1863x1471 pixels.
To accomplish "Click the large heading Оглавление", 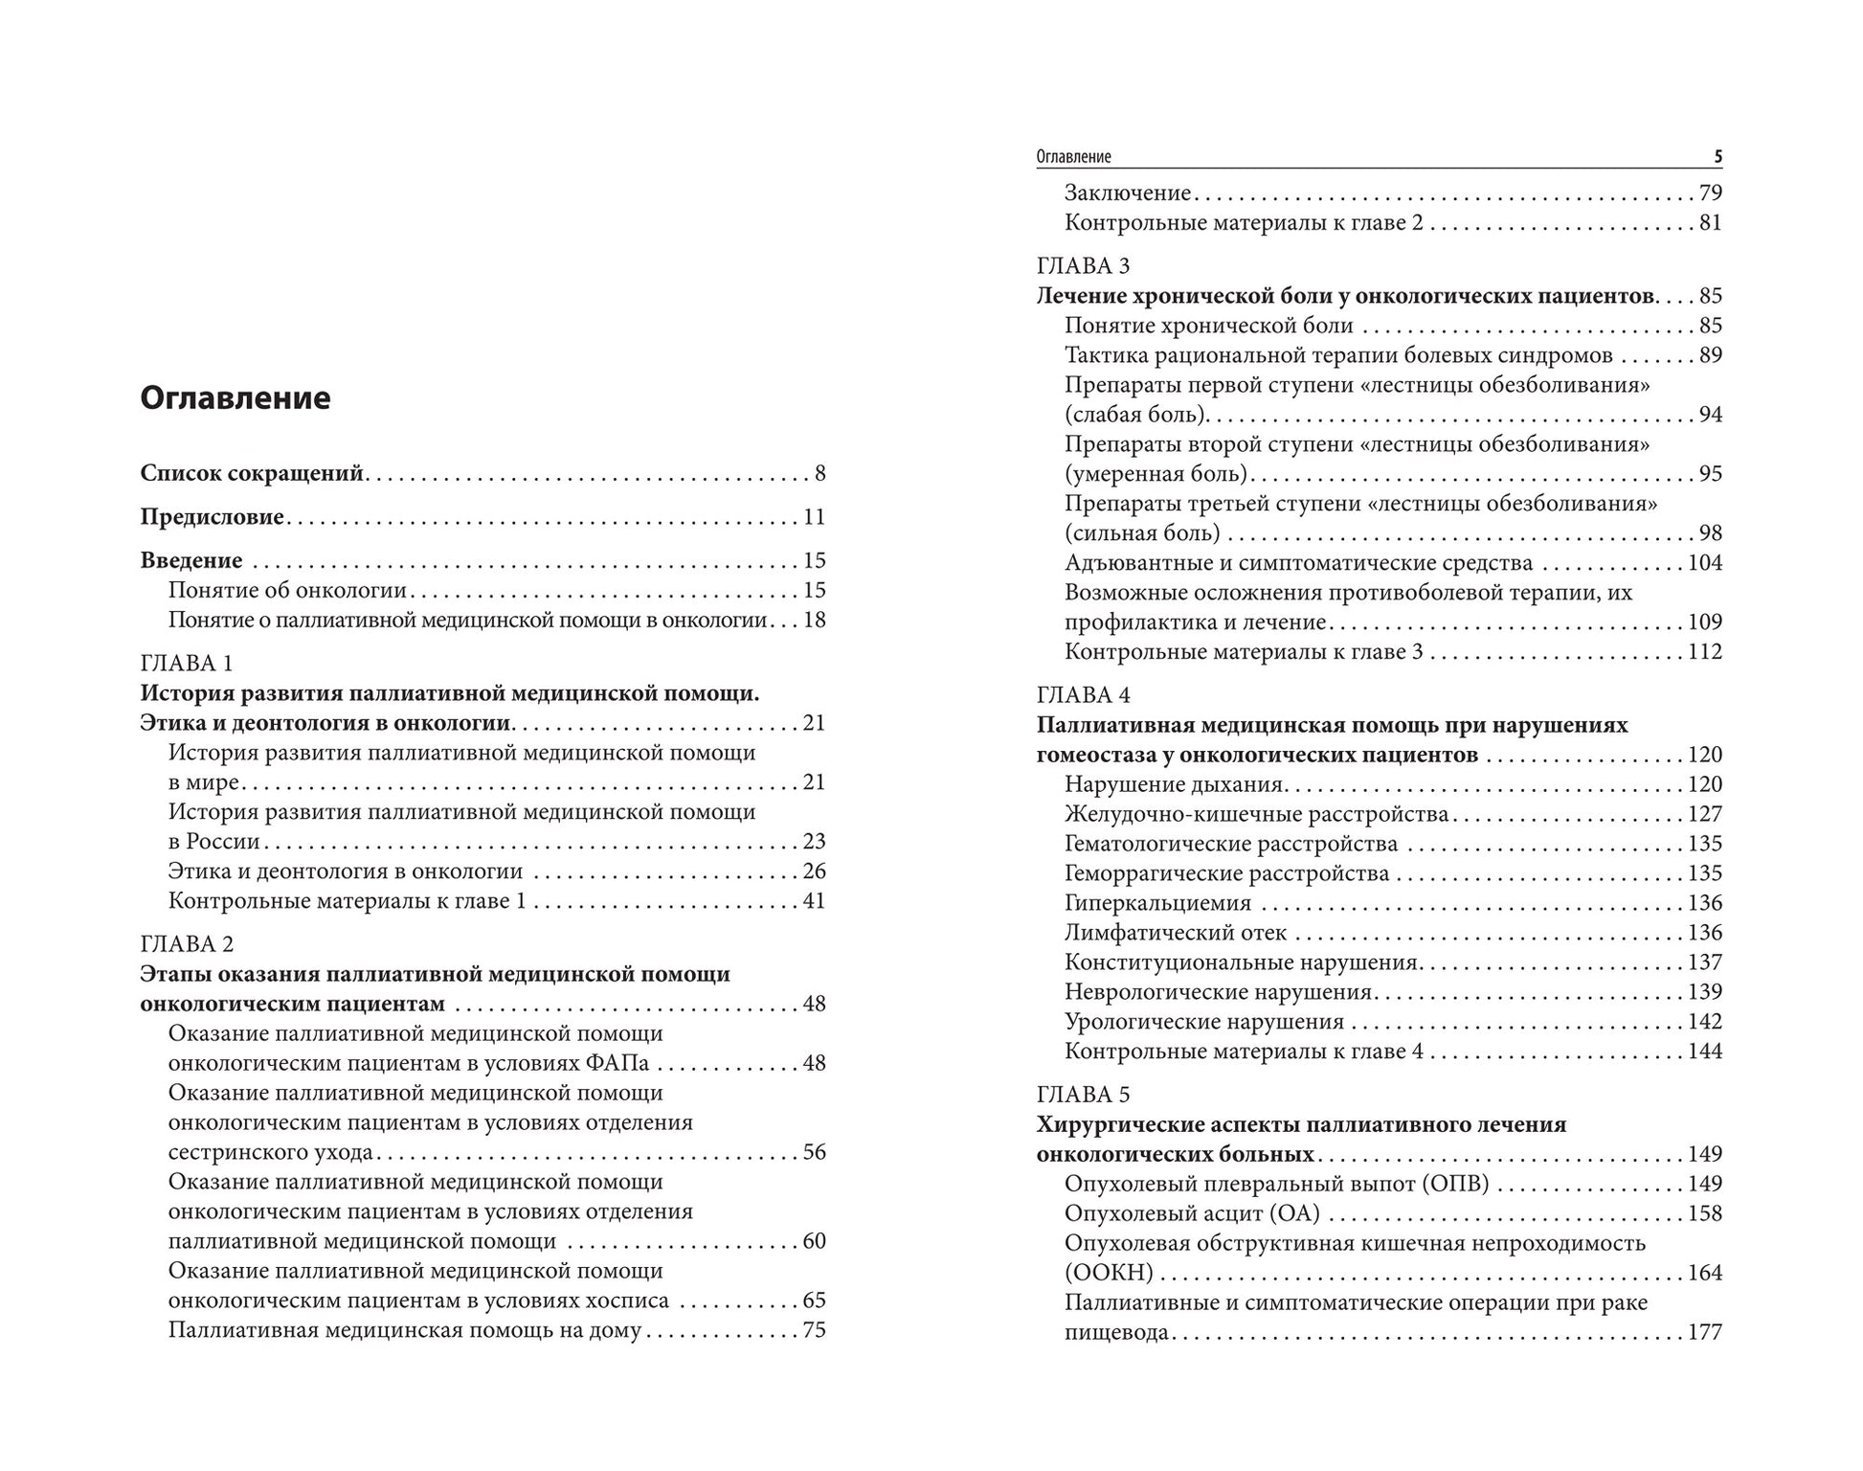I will point(236,397).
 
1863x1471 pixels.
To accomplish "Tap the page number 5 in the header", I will point(1717,157).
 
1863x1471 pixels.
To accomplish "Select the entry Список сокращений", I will point(252,473).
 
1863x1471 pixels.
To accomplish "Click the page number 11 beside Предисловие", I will point(814,517).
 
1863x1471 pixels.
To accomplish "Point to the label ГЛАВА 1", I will point(187,664).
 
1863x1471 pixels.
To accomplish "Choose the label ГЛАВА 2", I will point(187,944).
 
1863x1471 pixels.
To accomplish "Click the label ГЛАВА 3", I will point(1083,266).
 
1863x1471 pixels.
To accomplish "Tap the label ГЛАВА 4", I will point(1083,695).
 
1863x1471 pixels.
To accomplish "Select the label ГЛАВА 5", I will point(1083,1095).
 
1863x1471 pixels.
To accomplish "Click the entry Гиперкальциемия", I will point(1157,903).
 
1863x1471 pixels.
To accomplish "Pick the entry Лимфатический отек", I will point(1176,933).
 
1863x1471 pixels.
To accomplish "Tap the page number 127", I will point(1704,814).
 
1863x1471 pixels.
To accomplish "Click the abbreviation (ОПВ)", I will point(1454,1184).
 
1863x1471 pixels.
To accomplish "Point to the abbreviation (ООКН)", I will point(1109,1273).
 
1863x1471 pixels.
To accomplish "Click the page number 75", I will point(814,1330).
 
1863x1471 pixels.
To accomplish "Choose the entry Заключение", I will point(1127,193).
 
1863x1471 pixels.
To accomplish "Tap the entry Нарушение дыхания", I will point(1173,784).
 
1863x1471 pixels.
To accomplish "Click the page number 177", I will point(1704,1332).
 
